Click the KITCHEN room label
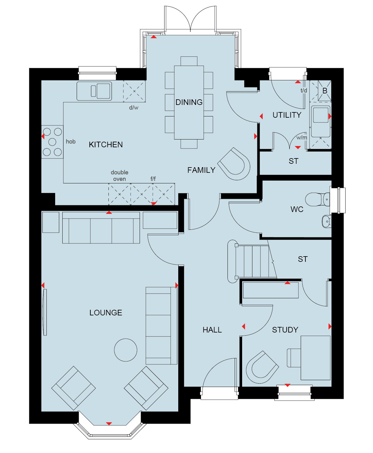point(106,144)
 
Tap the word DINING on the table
point(189,102)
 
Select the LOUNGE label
point(106,313)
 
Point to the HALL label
point(212,330)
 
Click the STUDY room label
point(285,330)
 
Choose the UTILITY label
point(287,115)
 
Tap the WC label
point(297,209)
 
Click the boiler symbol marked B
point(324,91)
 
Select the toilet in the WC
point(317,199)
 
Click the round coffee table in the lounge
point(126,350)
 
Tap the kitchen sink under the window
point(94,91)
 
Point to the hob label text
point(71,142)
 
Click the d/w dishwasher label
point(133,108)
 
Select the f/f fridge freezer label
point(153,179)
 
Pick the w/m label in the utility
point(302,138)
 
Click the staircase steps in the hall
point(252,261)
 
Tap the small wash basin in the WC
point(327,221)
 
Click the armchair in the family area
point(234,164)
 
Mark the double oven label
point(120,176)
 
